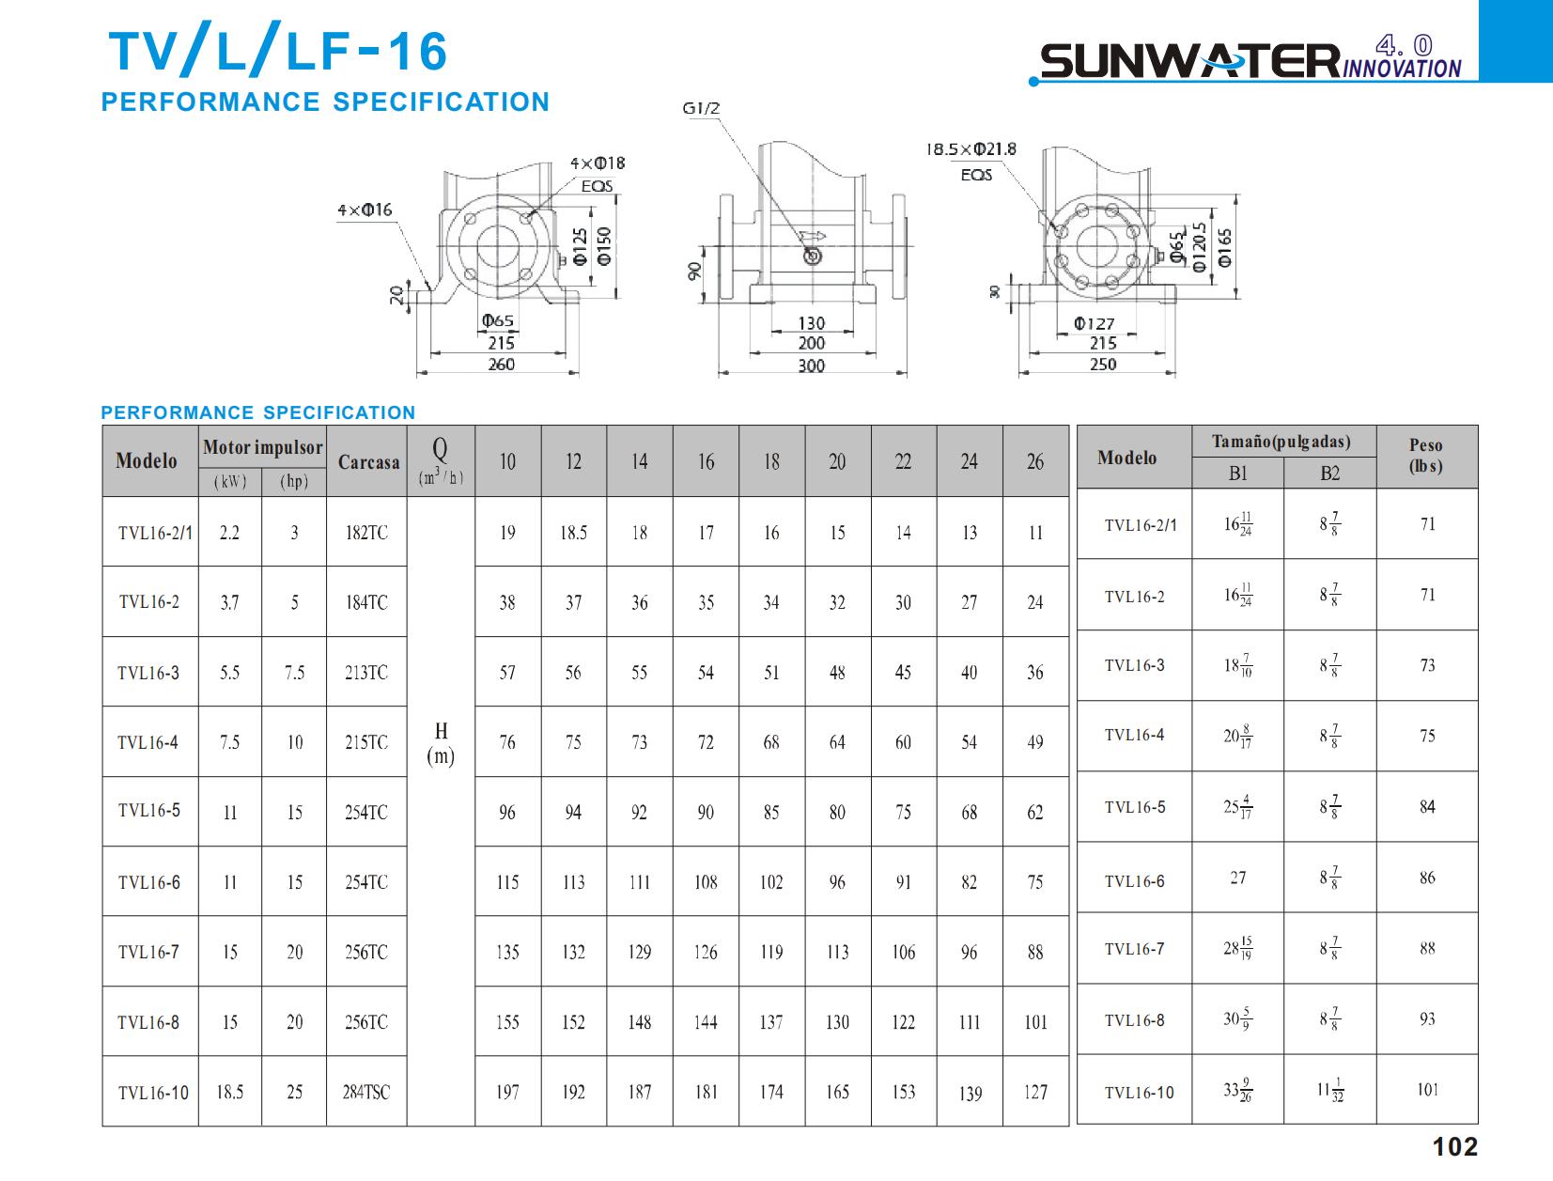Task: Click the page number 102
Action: click(x=1454, y=1146)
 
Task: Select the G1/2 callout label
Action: click(x=701, y=108)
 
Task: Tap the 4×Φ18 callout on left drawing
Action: click(x=598, y=163)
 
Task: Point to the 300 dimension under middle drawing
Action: click(x=811, y=365)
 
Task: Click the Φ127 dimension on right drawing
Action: click(x=1095, y=323)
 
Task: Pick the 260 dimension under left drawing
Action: click(x=501, y=365)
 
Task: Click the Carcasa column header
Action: click(x=368, y=461)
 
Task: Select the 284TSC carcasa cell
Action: click(x=365, y=1092)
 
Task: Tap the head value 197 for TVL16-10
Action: click(x=507, y=1092)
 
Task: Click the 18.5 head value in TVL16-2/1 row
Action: click(x=573, y=533)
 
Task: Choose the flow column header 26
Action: click(x=1034, y=461)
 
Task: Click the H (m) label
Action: click(x=441, y=743)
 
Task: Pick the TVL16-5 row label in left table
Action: click(x=148, y=810)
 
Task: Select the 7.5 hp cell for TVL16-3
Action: click(x=294, y=673)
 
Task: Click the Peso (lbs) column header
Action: click(x=1426, y=456)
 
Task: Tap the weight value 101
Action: click(x=1427, y=1090)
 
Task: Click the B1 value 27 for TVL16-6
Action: click(x=1238, y=878)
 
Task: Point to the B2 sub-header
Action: click(x=1329, y=474)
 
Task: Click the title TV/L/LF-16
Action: click(x=278, y=52)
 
